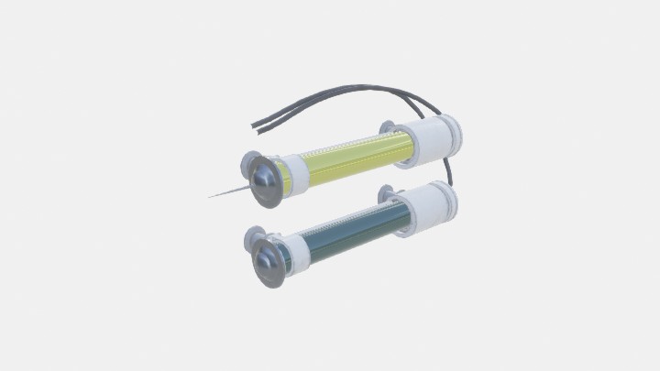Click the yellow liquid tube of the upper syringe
point(348,161)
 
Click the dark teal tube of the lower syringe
point(345,235)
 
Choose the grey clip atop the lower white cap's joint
point(386,194)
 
